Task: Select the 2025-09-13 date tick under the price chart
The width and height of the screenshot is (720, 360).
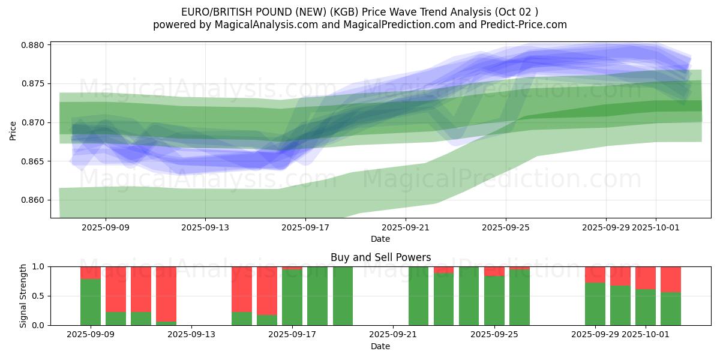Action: click(x=205, y=227)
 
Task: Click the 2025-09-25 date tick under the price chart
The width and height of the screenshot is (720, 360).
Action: click(x=505, y=227)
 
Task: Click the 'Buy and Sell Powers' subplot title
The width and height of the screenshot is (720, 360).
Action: click(x=380, y=257)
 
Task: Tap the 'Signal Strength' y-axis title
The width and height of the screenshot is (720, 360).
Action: click(x=23, y=296)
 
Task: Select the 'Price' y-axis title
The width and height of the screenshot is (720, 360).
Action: click(x=13, y=130)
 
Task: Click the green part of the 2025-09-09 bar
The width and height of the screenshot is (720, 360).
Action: click(x=91, y=302)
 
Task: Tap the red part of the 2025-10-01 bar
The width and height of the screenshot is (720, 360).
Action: click(x=646, y=278)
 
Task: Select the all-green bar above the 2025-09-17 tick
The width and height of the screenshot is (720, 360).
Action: click(x=292, y=298)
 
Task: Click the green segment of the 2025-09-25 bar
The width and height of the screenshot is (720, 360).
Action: click(x=494, y=301)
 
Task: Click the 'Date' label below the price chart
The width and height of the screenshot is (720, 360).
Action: click(x=380, y=239)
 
